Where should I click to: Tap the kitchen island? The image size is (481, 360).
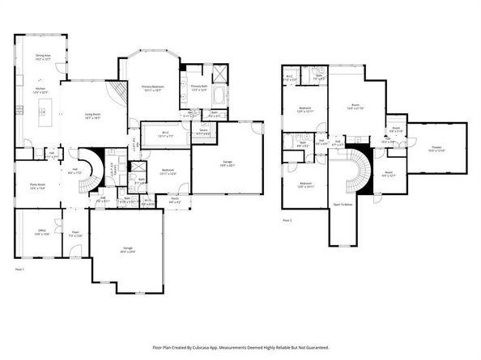coord(41,121)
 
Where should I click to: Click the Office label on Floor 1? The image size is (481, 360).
coord(40,232)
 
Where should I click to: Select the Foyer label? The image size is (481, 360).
coord(74,232)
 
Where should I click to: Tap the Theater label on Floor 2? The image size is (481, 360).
coord(437,148)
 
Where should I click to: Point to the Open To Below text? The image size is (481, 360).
coord(343,205)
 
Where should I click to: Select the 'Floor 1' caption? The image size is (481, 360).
coord(19,268)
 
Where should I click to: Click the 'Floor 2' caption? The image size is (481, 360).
coord(287,220)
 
